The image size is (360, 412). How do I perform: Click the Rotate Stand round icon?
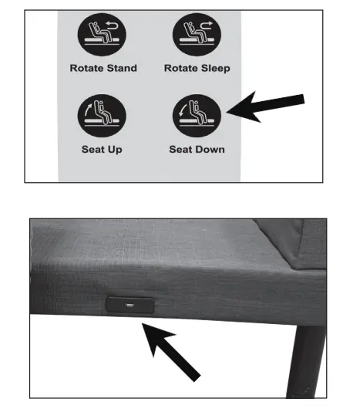[x=103, y=35]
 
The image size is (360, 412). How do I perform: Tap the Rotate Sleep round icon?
[x=197, y=35]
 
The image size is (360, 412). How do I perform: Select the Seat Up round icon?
[x=103, y=116]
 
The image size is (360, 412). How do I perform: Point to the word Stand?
[x=121, y=68]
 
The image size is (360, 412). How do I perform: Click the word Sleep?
[x=215, y=68]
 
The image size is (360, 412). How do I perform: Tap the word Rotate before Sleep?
[x=180, y=68]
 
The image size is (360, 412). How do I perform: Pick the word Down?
[x=210, y=149]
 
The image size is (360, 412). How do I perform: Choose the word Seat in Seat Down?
[x=180, y=149]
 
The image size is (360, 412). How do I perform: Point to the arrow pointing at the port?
[x=173, y=351]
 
